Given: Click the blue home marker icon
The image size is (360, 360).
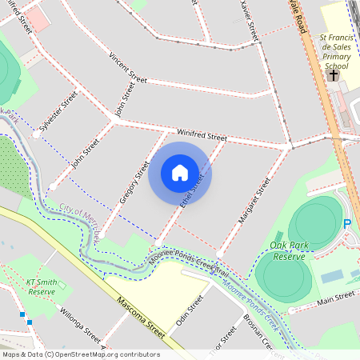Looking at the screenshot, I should pos(180,173).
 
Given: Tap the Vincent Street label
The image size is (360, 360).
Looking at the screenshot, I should pos(128,70).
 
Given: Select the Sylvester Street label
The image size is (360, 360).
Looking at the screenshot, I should pos(58,110).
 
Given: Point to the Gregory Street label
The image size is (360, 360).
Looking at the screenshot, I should pos(134,182).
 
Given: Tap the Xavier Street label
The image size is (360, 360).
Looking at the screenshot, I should pos(250,22).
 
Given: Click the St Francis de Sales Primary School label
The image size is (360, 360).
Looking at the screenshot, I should pos(334,51).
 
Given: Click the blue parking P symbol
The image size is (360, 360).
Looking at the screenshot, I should pos(347,225).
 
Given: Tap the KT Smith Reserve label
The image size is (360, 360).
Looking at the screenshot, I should pos(42,287).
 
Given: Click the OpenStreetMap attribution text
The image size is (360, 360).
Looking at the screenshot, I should pos(81,354).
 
